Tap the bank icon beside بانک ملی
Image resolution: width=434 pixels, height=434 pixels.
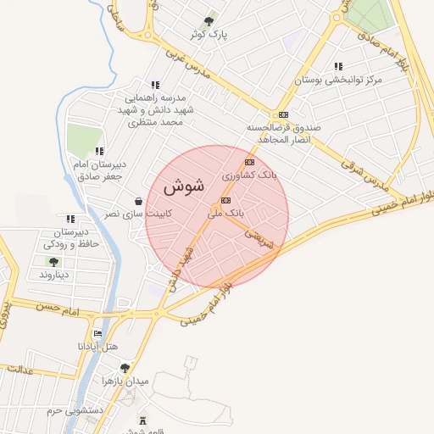pyautogui.click(x=225, y=201)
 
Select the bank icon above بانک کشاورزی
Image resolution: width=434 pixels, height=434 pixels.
pyautogui.click(x=249, y=162)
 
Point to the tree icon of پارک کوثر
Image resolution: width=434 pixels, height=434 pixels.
pyautogui.click(x=209, y=20)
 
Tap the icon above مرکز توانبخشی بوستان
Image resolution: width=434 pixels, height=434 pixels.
pyautogui.click(x=338, y=66)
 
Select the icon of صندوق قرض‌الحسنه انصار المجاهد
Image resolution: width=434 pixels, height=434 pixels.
pyautogui.click(x=282, y=115)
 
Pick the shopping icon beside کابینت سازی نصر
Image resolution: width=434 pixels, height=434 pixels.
pyautogui.click(x=137, y=202)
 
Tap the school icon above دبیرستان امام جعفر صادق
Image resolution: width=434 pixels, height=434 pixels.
pyautogui.click(x=100, y=152)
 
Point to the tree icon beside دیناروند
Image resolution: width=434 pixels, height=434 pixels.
pyautogui.click(x=53, y=262)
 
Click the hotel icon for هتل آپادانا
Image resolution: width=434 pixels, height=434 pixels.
pyautogui.click(x=97, y=334)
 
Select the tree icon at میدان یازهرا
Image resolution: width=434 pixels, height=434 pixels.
pyautogui.click(x=125, y=368)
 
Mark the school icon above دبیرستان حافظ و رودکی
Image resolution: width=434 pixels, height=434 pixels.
pyautogui.click(x=71, y=220)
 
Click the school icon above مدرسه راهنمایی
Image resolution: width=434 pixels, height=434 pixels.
pyautogui.click(x=154, y=85)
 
